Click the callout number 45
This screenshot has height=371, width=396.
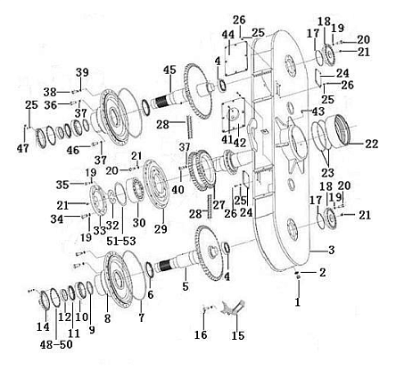click(x=169, y=70)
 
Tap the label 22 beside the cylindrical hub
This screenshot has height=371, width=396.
click(x=372, y=144)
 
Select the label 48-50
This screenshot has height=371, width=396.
click(x=56, y=344)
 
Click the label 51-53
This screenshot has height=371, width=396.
click(x=121, y=241)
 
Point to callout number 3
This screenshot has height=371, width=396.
click(x=332, y=250)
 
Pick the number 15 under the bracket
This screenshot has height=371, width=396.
click(x=238, y=335)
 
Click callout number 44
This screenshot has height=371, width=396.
click(x=228, y=35)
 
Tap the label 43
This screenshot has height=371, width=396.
click(x=318, y=111)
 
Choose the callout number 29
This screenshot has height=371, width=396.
click(x=161, y=228)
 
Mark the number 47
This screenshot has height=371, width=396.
click(x=23, y=148)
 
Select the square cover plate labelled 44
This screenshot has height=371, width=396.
click(x=236, y=59)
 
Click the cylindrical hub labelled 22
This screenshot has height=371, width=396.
click(x=339, y=130)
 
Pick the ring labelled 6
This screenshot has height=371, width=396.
click(x=150, y=270)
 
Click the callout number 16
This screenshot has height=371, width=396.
click(x=201, y=334)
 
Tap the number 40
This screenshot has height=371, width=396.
click(x=178, y=189)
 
